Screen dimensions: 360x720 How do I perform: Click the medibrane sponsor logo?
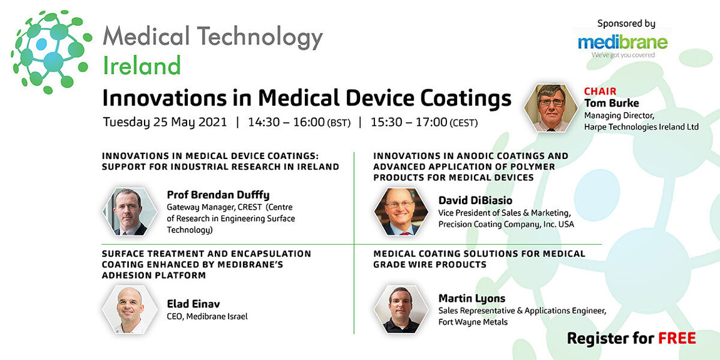pos(622,44)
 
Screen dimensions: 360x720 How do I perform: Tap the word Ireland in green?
pos(141,65)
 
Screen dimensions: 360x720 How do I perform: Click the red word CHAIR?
pos(600,91)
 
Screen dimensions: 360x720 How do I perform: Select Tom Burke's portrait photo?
pos(551,108)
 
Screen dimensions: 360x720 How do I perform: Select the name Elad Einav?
pos(193,304)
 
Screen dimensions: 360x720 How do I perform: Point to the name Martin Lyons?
pos(471,298)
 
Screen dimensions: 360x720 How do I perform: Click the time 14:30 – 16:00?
pos(286,122)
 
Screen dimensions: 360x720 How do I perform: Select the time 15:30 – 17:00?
pos(409,122)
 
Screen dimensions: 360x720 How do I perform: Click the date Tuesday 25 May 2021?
pos(165,122)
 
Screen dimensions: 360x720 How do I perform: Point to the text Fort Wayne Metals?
pos(472,322)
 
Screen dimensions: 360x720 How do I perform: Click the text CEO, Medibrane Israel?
pos(207,316)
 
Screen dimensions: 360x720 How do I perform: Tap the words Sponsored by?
pos(626,23)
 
